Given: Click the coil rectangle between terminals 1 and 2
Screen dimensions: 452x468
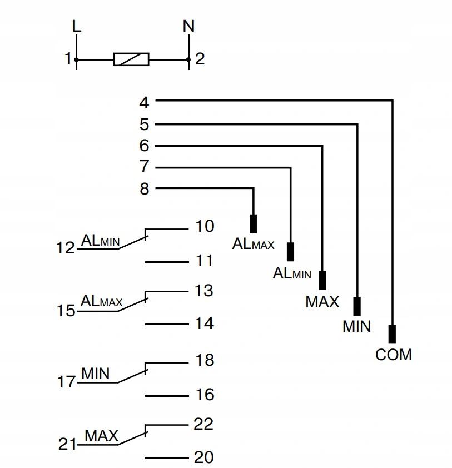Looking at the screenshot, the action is click(131, 59).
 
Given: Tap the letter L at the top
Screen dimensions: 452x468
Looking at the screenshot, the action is click(77, 26).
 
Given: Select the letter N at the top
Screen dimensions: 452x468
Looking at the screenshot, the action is click(188, 26).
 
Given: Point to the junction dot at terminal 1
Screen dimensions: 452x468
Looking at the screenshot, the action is click(76, 59).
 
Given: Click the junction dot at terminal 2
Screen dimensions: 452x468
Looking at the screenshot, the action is click(188, 59).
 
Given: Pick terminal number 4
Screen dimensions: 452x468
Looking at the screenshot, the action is click(144, 103).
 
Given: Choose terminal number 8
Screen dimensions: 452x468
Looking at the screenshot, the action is click(145, 189).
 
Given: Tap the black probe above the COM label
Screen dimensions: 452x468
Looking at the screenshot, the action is click(393, 334).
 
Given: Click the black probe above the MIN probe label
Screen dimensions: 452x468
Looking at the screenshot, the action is click(357, 306).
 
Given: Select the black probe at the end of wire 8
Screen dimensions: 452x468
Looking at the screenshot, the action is click(253, 224).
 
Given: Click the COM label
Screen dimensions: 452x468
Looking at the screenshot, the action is click(394, 355).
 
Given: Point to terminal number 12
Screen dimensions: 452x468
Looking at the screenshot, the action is click(66, 248).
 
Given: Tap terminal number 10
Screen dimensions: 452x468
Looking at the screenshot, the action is click(205, 226).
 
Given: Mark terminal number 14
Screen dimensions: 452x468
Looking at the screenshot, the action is click(205, 323).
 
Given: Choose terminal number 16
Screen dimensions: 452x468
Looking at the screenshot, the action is click(205, 395).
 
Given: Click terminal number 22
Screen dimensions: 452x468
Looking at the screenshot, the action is click(203, 424).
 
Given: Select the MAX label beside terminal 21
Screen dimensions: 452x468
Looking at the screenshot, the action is click(102, 436).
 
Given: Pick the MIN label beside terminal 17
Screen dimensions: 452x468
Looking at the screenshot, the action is click(96, 374).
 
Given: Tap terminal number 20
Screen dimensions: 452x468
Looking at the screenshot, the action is click(204, 457).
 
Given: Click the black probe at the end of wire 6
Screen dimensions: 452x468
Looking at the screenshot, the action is click(322, 281).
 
